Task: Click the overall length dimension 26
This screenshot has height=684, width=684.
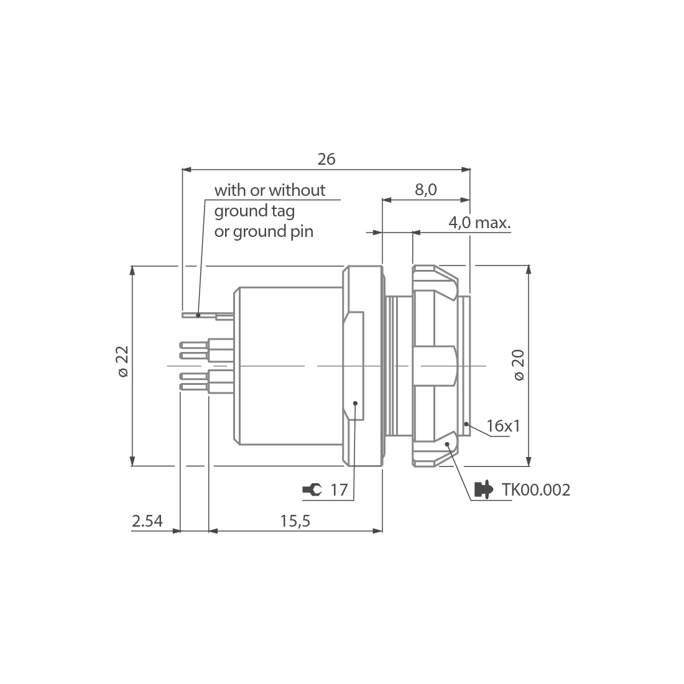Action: [x=326, y=159]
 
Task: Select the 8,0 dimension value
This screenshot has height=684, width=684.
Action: [x=426, y=190]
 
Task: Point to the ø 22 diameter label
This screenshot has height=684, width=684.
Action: [x=122, y=361]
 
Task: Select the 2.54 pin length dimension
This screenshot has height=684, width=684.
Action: [x=147, y=521]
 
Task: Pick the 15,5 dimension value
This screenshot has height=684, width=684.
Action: [x=295, y=521]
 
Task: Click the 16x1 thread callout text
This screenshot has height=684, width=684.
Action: [x=503, y=426]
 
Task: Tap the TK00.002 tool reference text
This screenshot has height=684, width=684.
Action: [x=535, y=490]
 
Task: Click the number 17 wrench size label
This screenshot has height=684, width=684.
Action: [x=338, y=490]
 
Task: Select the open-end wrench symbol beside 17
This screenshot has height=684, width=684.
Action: [x=312, y=490]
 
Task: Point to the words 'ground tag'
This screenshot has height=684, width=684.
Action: [x=254, y=211]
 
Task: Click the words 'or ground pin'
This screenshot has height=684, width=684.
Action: [x=264, y=232]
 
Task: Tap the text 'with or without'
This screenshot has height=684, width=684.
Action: [x=269, y=190]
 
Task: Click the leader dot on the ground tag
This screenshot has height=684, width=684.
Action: [x=198, y=315]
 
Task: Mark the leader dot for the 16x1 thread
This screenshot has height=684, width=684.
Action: [x=466, y=425]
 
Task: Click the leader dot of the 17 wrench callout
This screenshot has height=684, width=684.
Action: [x=355, y=403]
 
